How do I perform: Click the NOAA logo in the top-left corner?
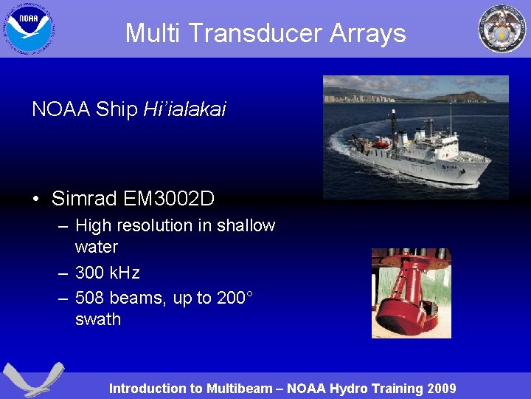click(29, 28)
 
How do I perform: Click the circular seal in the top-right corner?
click(502, 29)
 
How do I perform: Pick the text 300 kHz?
click(108, 273)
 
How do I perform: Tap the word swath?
click(98, 319)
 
